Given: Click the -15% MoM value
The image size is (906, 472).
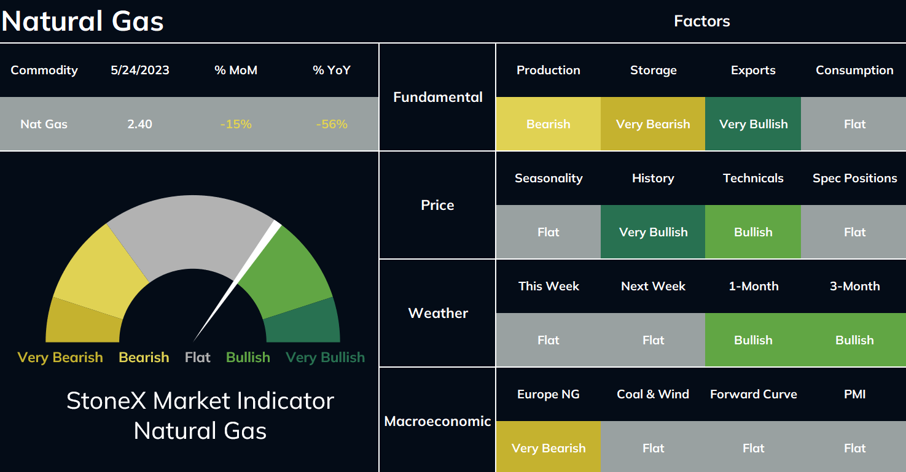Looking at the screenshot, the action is [236, 124].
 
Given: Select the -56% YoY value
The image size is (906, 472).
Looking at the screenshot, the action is [332, 124].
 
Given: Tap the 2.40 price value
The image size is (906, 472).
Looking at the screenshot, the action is [139, 124].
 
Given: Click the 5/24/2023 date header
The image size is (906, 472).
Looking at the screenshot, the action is [140, 71].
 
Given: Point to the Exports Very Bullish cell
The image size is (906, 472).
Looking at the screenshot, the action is [753, 123].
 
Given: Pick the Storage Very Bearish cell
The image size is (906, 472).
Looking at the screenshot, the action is [653, 123].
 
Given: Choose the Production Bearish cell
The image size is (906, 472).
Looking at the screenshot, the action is [549, 123].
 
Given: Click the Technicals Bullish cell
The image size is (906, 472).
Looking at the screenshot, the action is [753, 231].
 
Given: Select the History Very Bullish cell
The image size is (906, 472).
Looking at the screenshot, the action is [653, 231].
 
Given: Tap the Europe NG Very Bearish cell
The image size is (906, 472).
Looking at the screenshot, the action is [549, 447].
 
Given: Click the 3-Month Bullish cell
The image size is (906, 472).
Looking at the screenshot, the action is [853, 340].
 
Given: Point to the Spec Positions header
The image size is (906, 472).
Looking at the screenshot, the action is [854, 178].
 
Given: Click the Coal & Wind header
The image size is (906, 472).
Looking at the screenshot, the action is [653, 394].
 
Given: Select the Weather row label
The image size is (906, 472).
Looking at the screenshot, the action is [438, 313].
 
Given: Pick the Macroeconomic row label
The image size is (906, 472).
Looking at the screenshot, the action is [437, 421].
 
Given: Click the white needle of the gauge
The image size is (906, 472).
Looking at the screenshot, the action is [237, 281].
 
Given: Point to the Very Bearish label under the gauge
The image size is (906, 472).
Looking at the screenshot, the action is [60, 358].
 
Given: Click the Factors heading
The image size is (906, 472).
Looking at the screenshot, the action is [701, 21].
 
